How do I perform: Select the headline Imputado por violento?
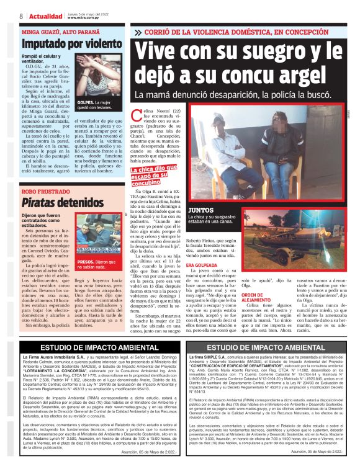click(64, 45)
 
